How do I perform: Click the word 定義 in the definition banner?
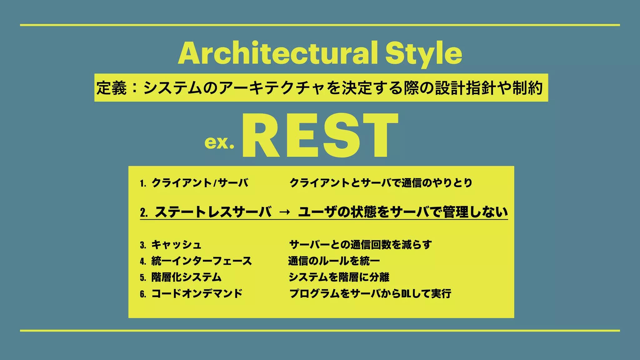(111, 88)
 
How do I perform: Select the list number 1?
(143, 183)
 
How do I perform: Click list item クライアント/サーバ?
(200, 183)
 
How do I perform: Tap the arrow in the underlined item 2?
(284, 212)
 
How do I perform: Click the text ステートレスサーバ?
(213, 212)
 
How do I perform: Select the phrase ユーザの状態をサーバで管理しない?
(403, 212)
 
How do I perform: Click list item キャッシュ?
(176, 245)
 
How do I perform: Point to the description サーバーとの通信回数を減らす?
(360, 245)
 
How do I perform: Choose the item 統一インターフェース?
(202, 261)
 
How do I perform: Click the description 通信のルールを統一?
(334, 261)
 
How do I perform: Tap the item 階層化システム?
(186, 277)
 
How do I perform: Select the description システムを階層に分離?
(339, 277)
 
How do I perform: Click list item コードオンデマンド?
(197, 293)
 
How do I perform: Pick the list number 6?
(143, 294)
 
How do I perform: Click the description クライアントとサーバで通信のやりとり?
(381, 183)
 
